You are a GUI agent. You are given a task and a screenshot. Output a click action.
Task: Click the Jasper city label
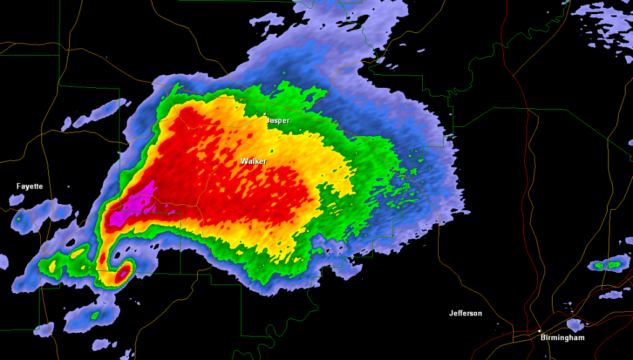pos(278,121)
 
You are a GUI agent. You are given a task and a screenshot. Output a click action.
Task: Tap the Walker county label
pos(253,161)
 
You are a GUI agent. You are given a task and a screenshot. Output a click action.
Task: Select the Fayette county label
pos(30,186)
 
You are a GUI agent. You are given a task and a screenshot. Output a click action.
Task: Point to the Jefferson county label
pos(465,314)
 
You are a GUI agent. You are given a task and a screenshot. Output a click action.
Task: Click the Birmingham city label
pos(562,338)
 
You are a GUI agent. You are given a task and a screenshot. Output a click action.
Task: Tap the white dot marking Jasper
pos(265,114)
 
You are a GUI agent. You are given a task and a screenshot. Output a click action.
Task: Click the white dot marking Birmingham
pos(539,330)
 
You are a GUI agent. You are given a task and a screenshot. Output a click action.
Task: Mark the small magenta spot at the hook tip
pos(125,270)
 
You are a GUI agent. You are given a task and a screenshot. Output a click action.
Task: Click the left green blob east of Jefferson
pos(599,265)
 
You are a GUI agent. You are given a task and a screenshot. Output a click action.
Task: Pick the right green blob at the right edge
pos(614,265)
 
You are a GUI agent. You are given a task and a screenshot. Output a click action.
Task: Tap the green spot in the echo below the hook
pos(95,315)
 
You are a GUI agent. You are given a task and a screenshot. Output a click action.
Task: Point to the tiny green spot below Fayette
pos(18,217)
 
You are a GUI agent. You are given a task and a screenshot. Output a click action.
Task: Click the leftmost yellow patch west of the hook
pos(52,265)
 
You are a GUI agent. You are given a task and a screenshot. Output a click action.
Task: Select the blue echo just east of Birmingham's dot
pos(575,324)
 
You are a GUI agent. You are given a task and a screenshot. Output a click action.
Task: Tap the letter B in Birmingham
pos(542,338)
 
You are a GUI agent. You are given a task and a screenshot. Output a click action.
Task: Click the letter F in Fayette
pos(19,186)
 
